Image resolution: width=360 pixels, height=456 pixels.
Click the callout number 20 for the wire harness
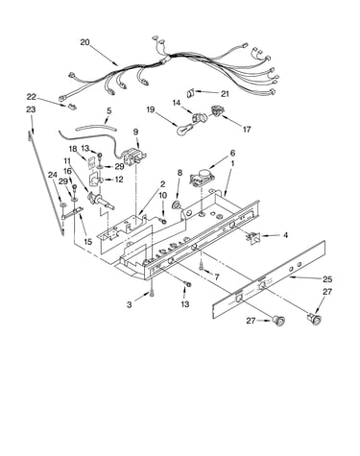coord(85,42)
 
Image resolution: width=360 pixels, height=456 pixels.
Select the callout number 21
coord(225,94)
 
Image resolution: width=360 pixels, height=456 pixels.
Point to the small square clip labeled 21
coord(190,93)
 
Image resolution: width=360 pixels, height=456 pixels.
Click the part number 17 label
coord(247,130)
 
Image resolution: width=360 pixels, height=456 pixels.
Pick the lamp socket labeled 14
coord(200,117)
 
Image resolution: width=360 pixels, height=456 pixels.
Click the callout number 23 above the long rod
coord(31,109)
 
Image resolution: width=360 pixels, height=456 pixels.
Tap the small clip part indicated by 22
coord(72,106)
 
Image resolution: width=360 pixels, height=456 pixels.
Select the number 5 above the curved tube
coord(109,111)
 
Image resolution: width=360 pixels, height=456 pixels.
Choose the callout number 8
coord(180,173)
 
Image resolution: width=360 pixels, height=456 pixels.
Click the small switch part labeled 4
coord(253,237)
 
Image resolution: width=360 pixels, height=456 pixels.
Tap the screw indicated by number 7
coord(201,265)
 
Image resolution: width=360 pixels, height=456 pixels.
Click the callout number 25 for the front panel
coord(327,279)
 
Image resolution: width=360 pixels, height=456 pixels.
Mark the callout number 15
coord(87,241)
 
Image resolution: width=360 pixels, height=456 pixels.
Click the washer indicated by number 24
coord(61,204)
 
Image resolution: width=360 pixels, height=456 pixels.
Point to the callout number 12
coord(119,180)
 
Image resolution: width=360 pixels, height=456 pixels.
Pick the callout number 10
coord(163,195)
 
